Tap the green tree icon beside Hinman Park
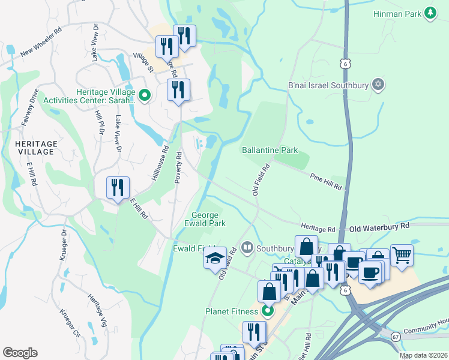pyautogui.click(x=430, y=13)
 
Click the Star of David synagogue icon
pyautogui.click(x=378, y=84)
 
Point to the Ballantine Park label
pyautogui.click(x=270, y=149)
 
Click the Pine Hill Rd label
pyautogui.click(x=326, y=182)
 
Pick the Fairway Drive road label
pyautogui.click(x=29, y=107)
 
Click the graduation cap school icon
pyautogui.click(x=215, y=258)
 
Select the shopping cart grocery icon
pyautogui.click(x=402, y=255)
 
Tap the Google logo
pyautogui.click(x=20, y=352)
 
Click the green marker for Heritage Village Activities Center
pyautogui.click(x=145, y=95)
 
